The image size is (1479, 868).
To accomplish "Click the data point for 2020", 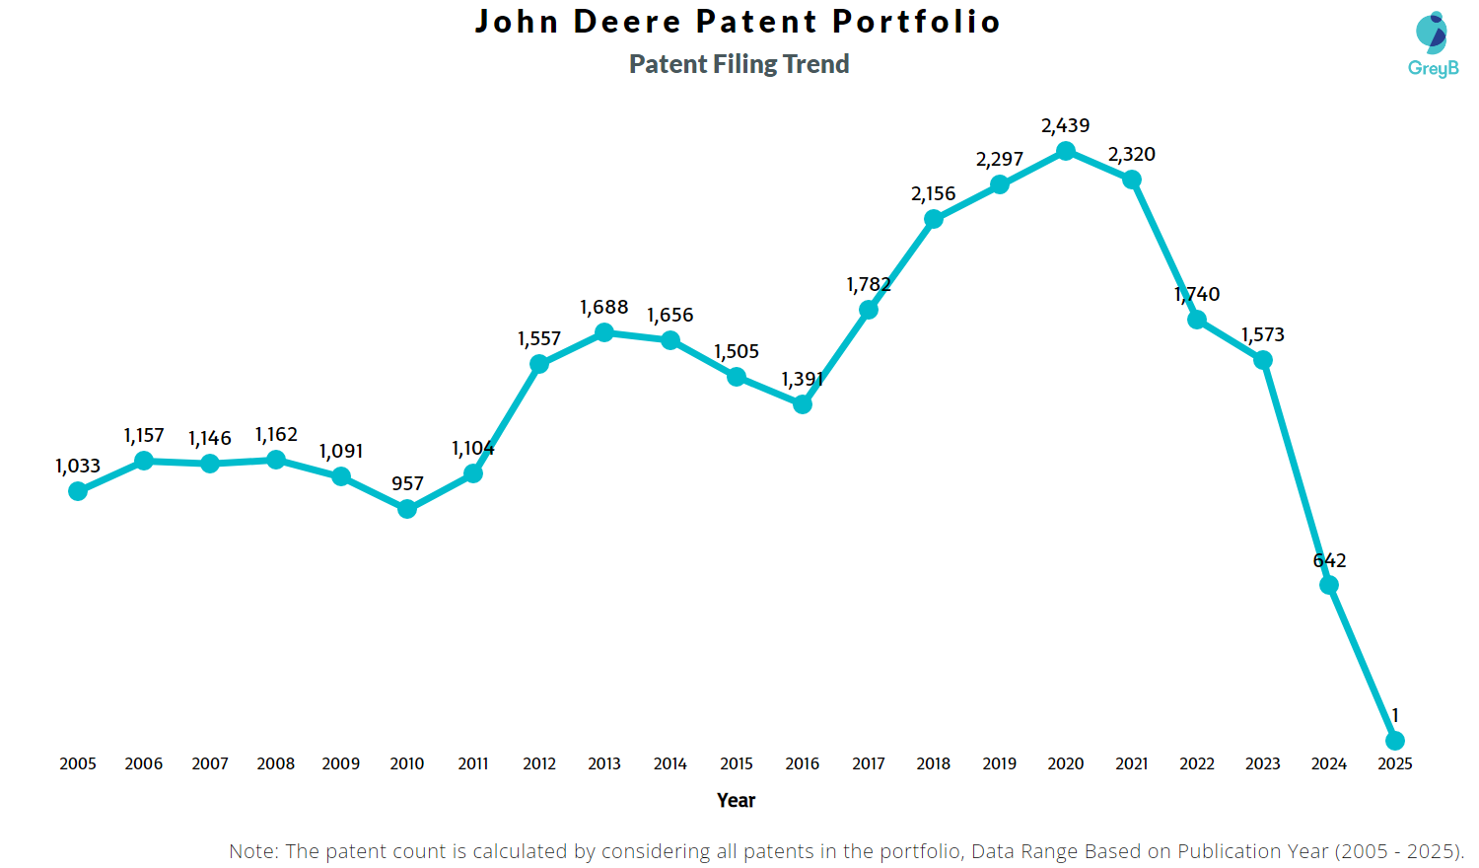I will click(x=1066, y=151).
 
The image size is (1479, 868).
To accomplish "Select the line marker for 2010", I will click(x=407, y=509).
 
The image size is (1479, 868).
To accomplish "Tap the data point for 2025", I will click(x=1395, y=741).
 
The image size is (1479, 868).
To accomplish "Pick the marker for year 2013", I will click(x=604, y=332).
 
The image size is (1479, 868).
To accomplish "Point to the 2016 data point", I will click(x=803, y=404).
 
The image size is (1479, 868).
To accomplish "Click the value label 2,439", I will click(x=1066, y=125).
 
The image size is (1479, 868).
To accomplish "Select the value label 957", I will click(x=407, y=483).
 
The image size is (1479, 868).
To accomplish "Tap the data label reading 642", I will click(x=1329, y=560).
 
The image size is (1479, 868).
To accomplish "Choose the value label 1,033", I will click(x=78, y=466).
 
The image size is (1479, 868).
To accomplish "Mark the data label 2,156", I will click(x=933, y=193).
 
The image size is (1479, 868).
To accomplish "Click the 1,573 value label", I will click(x=1263, y=334).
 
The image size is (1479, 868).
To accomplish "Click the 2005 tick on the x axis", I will click(x=78, y=763).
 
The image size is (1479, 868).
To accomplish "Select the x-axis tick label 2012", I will click(x=539, y=763).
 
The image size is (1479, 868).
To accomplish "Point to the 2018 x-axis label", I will click(x=934, y=763).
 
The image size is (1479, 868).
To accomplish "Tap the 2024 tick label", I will click(x=1329, y=763).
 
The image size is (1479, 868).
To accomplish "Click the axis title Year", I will click(x=737, y=800).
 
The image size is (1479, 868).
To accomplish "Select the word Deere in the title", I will click(x=627, y=21).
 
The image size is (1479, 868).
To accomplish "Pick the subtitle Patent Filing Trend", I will click(x=739, y=64).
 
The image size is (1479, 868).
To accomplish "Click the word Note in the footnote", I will click(x=252, y=851).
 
